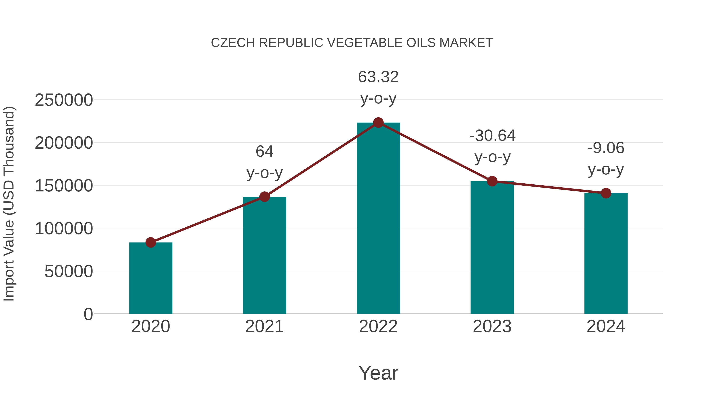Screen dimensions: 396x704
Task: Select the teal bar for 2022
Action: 378,219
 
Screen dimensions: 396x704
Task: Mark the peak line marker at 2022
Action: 378,123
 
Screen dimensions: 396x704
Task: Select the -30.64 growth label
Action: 492,136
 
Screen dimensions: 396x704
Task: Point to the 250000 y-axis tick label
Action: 64,100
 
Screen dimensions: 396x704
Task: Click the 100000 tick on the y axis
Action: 64,229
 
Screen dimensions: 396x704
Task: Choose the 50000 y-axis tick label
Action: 69,271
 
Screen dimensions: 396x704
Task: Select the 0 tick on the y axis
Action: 88,314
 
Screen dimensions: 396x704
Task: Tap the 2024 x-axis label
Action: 606,326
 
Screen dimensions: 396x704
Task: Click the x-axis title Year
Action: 378,373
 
